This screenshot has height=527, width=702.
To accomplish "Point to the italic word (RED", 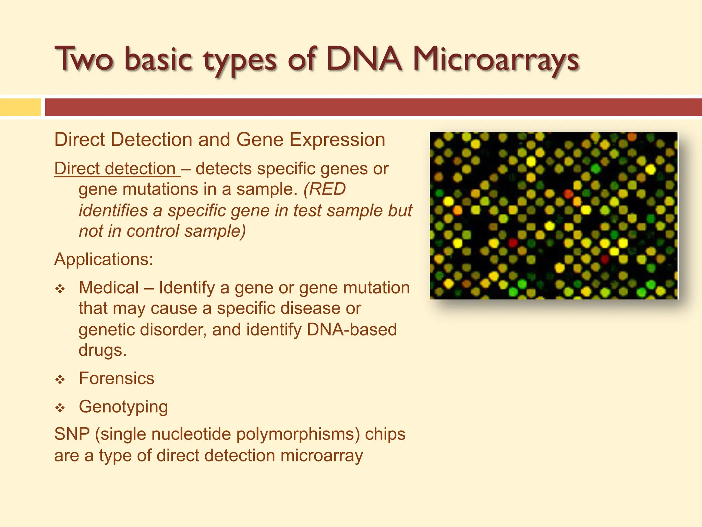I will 325,189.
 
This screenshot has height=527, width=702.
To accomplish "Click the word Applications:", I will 104,259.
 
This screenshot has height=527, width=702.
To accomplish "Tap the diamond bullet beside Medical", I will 60,289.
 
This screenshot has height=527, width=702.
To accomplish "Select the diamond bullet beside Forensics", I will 60,379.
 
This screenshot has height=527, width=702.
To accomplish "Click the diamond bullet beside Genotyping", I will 60,408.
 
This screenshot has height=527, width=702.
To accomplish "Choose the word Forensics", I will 117,378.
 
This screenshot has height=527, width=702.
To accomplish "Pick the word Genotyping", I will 123,407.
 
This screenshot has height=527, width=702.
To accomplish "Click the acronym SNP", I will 72,434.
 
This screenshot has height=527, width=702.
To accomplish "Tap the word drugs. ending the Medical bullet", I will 102,350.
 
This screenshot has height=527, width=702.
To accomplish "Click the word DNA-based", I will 352,329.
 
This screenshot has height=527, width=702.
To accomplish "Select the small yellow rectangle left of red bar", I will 20,107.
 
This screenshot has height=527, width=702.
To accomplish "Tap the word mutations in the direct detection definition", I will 163,189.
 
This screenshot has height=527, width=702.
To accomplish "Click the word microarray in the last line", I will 322,456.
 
